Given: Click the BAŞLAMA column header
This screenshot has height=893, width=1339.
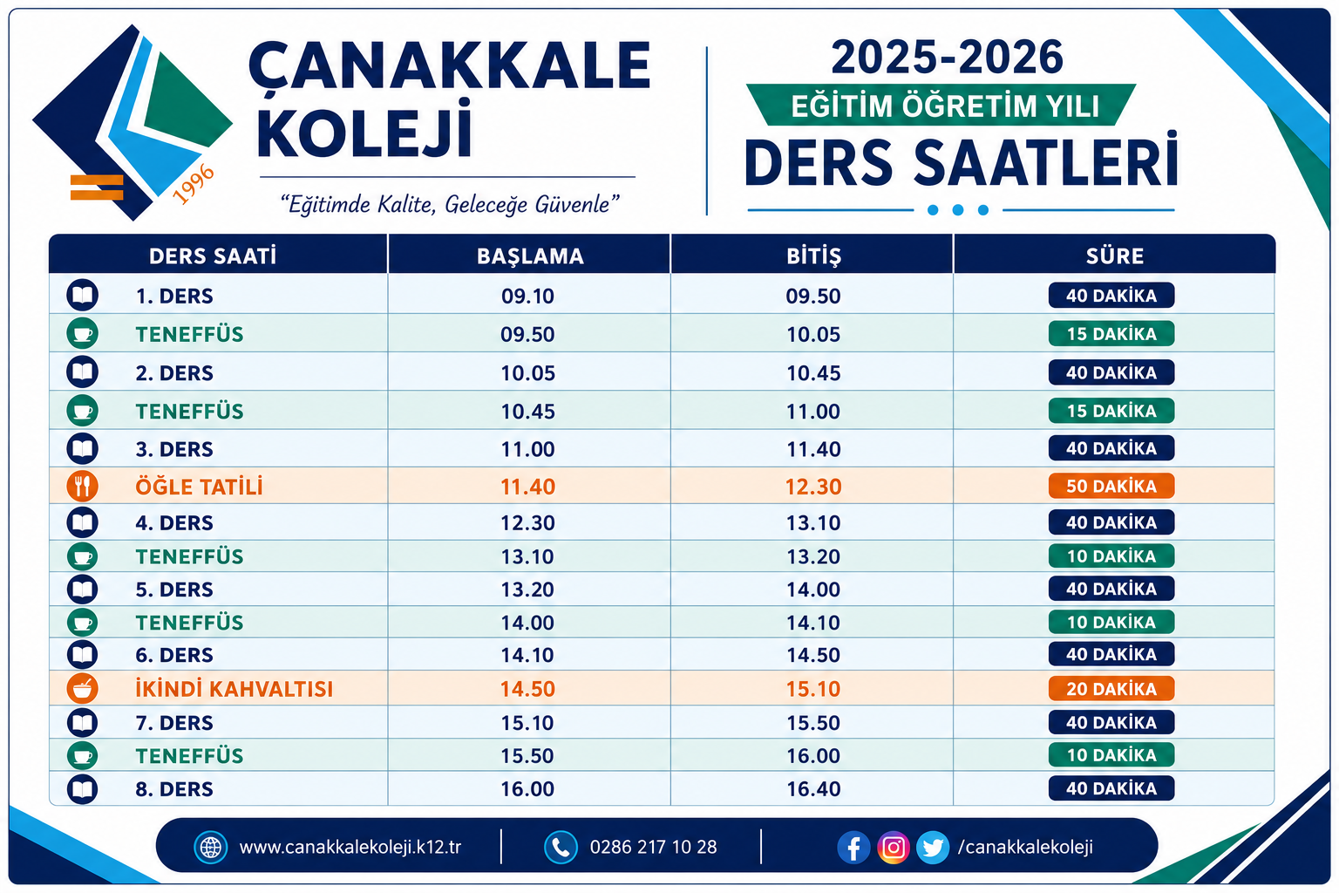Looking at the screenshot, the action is tap(530, 256).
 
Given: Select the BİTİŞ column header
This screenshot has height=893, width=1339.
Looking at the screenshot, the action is tap(813, 256).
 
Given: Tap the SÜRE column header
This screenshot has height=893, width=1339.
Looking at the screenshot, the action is tap(1115, 256).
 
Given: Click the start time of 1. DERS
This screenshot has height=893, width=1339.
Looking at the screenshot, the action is tap(527, 297).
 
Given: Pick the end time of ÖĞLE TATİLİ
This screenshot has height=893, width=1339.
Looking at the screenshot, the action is tap(813, 487).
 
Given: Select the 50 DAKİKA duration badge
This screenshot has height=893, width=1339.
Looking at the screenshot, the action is tap(1111, 486).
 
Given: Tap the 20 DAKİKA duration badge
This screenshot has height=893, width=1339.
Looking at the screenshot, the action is tap(1111, 688).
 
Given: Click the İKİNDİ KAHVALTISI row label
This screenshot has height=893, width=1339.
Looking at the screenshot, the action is tap(234, 688).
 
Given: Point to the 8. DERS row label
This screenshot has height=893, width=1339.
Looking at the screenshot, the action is tap(174, 789).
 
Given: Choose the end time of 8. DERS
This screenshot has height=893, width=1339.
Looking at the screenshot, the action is tap(813, 789).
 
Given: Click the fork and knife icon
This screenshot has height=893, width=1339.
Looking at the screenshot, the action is tap(83, 486).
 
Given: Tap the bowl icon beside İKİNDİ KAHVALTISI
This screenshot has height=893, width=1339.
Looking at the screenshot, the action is tap(83, 688).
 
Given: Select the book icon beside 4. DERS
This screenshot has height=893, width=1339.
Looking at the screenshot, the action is tap(83, 522).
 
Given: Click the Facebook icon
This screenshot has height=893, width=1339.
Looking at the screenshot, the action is tap(853, 847).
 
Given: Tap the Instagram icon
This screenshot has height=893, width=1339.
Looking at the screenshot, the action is tap(893, 847).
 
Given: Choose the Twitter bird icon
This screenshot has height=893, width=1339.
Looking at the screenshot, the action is tap(933, 847).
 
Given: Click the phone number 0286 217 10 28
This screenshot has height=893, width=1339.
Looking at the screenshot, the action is tap(653, 847).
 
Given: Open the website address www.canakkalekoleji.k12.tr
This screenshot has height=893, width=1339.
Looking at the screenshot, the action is tap(350, 847).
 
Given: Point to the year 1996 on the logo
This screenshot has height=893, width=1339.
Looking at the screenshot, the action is tap(193, 184).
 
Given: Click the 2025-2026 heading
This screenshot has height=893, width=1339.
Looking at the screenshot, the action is tap(947, 58).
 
